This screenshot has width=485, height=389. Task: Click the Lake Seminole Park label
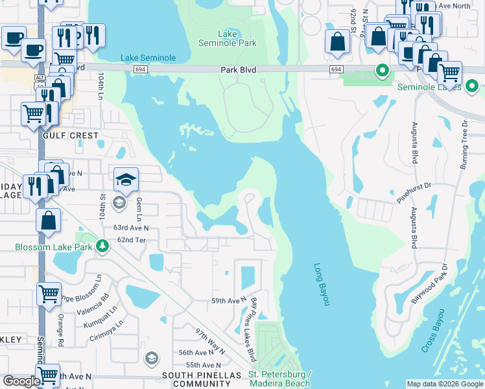point(228,38)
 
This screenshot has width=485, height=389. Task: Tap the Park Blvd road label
point(239,69)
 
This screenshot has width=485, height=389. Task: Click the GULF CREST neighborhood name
point(70,136)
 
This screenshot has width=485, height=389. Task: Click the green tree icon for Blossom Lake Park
point(102,246)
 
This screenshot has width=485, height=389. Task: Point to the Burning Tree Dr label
point(464,145)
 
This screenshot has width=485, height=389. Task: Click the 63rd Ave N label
point(131,228)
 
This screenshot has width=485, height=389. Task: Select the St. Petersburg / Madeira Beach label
point(280,379)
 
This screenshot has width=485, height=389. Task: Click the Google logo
point(21,381)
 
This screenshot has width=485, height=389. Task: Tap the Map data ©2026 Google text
point(444,384)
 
